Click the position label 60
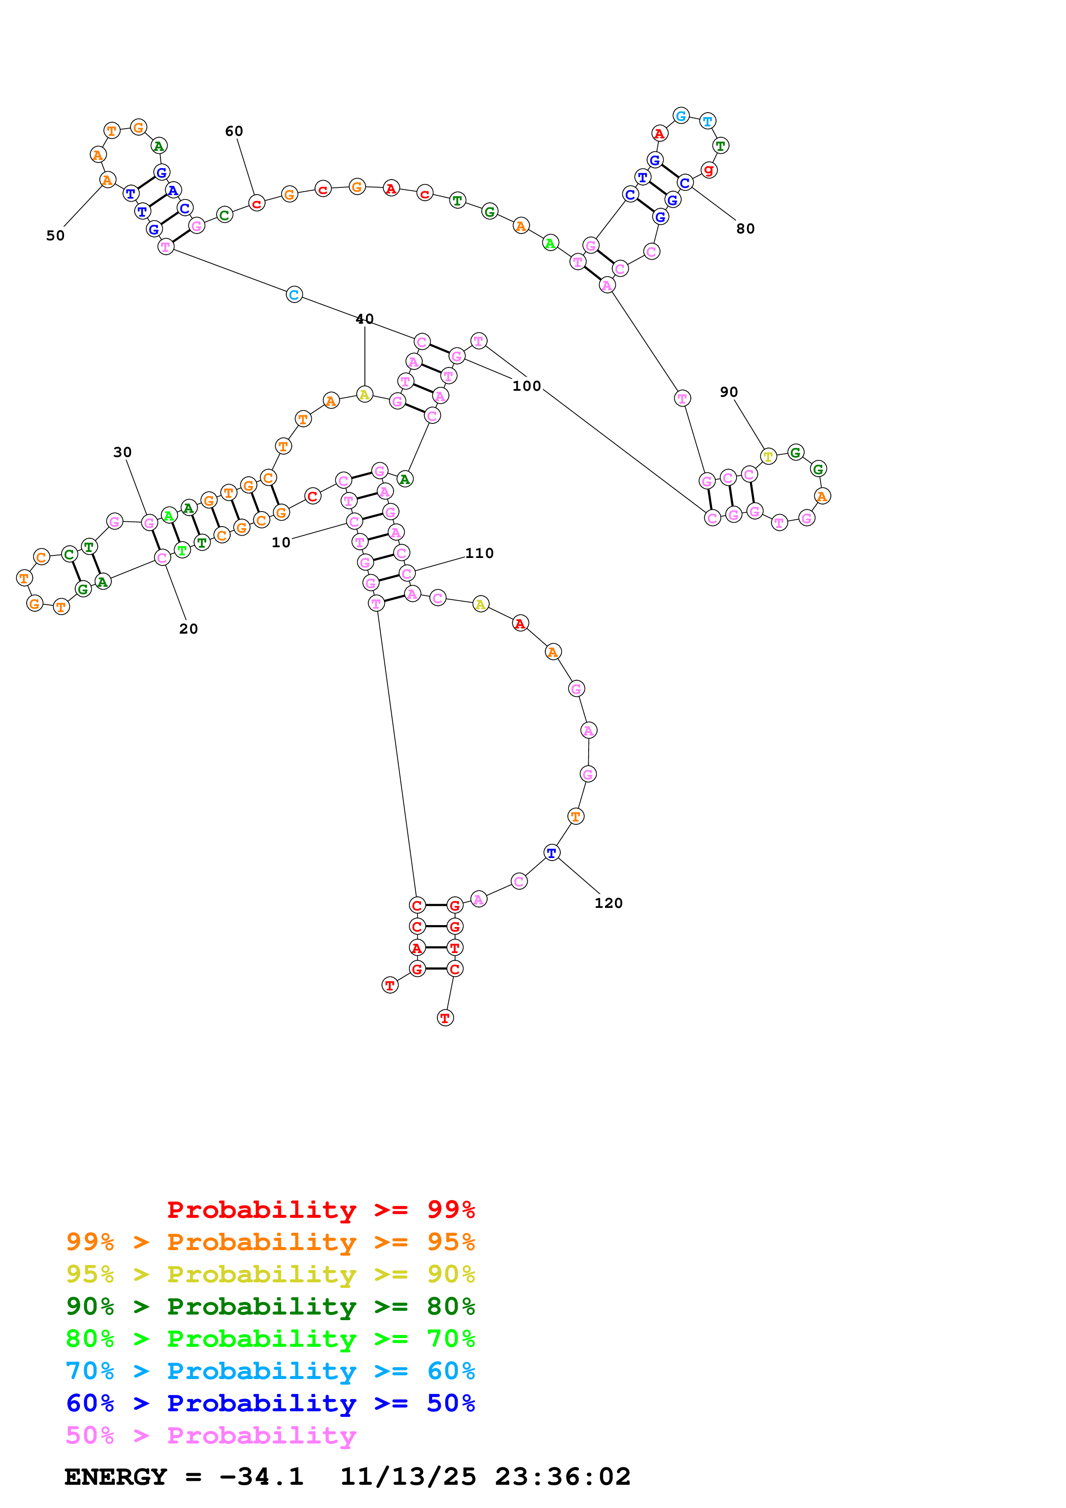pos(234,132)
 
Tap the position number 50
pos(55,236)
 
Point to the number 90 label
pos(728,392)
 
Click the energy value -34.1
pos(261,1477)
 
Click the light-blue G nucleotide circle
pos(681,116)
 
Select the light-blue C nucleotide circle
pos(294,295)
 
